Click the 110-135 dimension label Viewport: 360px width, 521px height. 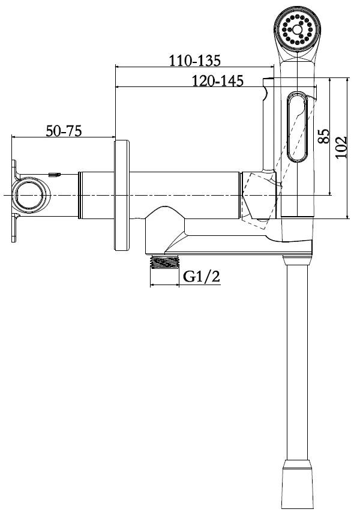tap(194, 60)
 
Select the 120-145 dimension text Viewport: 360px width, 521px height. tap(217, 80)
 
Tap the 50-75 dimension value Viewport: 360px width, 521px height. tap(64, 130)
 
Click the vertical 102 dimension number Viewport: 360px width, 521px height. tap(341, 147)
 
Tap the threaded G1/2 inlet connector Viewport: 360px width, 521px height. tap(164, 262)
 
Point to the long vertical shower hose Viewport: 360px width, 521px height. tap(298, 360)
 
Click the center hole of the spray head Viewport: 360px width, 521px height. tap(297, 29)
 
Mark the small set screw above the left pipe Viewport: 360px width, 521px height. tap(54, 174)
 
